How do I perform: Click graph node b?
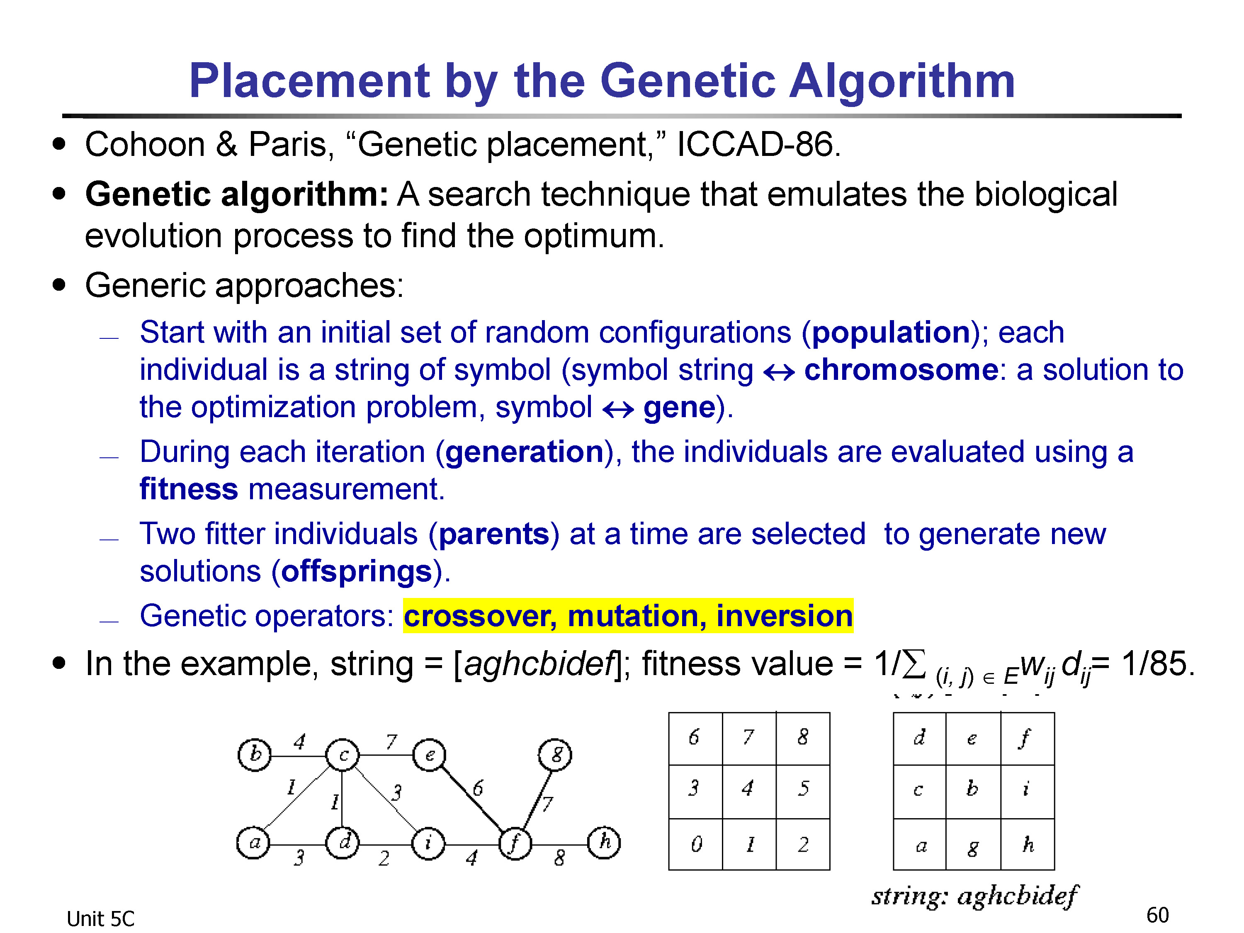coord(254,755)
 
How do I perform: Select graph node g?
coord(555,755)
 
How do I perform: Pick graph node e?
coord(429,755)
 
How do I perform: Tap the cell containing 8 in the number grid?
coord(802,739)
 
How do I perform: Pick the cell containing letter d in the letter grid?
coord(919,739)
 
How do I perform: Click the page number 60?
coord(1157,915)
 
